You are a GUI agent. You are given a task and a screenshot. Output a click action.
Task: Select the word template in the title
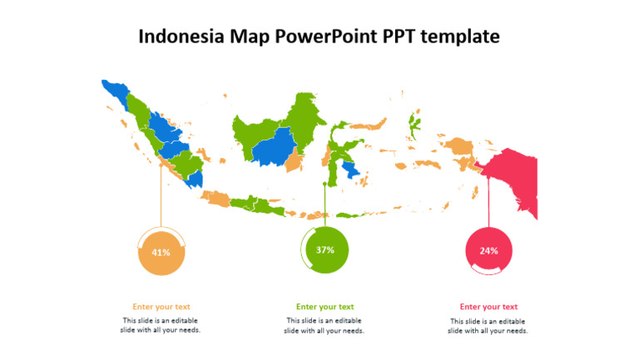[x=462, y=37]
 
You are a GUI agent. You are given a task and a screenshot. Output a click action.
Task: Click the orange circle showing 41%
[x=161, y=252]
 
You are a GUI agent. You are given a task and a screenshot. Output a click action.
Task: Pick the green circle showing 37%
[x=325, y=249]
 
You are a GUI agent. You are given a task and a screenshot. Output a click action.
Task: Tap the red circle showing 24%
[x=488, y=250]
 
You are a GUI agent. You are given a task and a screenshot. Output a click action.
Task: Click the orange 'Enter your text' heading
[x=161, y=307]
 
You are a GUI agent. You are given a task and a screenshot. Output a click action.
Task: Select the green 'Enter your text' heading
[x=324, y=307]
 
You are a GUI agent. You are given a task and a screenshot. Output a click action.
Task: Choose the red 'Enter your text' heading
[x=488, y=307]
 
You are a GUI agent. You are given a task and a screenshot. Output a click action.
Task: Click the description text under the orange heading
[x=161, y=325]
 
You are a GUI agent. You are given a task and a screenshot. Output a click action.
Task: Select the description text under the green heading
[x=324, y=325]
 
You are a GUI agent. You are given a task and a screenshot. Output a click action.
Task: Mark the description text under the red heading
[x=488, y=325]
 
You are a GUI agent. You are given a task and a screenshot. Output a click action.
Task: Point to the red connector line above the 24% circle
[x=488, y=204]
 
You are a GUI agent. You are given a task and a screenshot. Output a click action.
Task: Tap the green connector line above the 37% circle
[x=324, y=204]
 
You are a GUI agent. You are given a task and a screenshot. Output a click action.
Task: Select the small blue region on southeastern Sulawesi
[x=353, y=170]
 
